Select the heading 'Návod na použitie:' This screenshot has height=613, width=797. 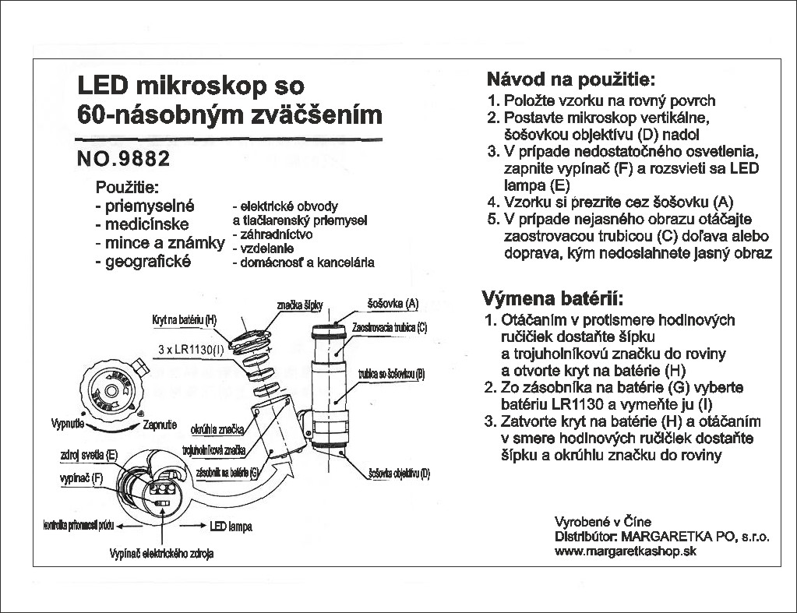coord(570,79)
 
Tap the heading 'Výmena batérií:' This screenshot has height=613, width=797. coord(553,300)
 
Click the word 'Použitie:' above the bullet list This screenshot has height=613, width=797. coord(127,188)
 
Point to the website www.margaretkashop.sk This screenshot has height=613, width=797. coord(624,551)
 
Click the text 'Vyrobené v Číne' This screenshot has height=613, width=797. coord(602,521)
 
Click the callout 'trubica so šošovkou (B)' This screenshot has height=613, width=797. coord(391,375)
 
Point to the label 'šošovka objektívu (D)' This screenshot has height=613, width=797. coord(398,473)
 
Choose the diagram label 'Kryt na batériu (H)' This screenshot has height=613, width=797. coord(184,321)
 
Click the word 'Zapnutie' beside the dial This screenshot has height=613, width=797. coord(160,425)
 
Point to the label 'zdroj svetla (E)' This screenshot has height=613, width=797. coord(88,454)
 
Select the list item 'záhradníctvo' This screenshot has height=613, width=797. coord(273,234)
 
